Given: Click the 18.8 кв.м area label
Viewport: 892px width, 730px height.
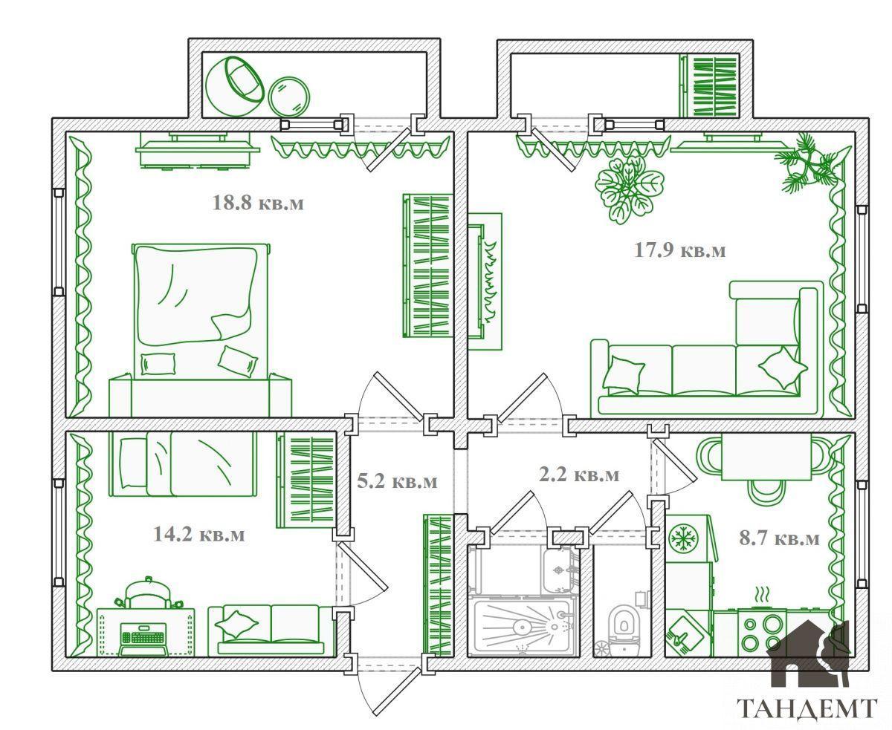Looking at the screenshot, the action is click(258, 203).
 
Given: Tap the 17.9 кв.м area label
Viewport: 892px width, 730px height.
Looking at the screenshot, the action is click(679, 250).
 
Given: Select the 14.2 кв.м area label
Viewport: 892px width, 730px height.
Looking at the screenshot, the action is click(198, 535).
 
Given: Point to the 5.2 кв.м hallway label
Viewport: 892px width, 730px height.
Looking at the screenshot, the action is click(397, 481).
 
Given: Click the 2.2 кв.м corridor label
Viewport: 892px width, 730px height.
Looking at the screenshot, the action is click(579, 475).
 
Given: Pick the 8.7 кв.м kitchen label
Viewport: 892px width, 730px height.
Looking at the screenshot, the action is click(779, 538).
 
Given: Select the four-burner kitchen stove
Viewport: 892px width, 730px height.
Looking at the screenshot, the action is click(762, 633).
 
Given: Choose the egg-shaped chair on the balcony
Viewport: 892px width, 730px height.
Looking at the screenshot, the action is click(235, 86).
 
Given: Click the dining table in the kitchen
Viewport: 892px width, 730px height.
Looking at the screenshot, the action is click(766, 457).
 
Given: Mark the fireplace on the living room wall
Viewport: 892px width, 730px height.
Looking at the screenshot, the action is click(485, 281).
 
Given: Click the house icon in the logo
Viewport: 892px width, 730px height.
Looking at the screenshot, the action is click(807, 659).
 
